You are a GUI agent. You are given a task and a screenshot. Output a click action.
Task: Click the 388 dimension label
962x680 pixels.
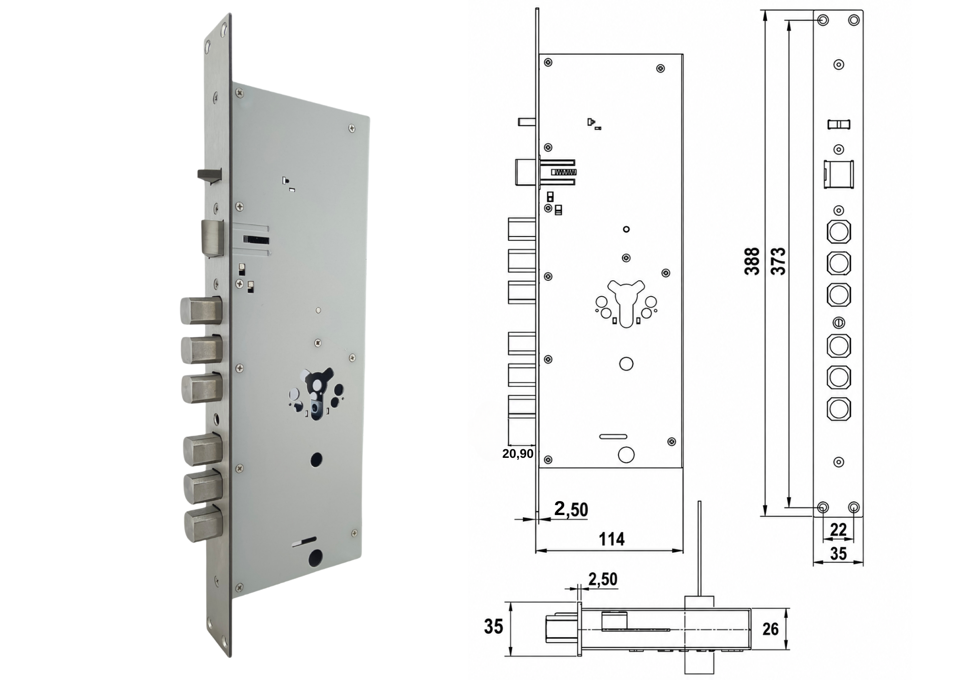pyautogui.click(x=752, y=261)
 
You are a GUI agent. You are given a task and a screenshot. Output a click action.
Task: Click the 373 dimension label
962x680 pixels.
pyautogui.click(x=778, y=261)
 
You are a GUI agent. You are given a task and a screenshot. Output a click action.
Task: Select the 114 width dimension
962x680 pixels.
pyautogui.click(x=611, y=539)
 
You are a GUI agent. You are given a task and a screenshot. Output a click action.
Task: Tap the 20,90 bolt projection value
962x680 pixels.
pyautogui.click(x=518, y=453)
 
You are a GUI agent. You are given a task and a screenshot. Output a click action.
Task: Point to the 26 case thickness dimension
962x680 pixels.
pyautogui.click(x=770, y=629)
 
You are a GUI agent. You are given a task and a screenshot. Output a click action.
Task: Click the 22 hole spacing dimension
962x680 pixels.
pyautogui.click(x=838, y=529)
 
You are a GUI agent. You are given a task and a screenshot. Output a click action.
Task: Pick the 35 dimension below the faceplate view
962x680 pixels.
pyautogui.click(x=838, y=554)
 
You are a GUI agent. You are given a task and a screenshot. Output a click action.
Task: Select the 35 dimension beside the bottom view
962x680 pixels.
pyautogui.click(x=494, y=627)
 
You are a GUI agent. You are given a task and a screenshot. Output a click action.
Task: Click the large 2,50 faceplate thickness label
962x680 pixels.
pyautogui.click(x=571, y=509)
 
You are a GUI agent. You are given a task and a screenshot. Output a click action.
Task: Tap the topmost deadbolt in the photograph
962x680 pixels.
pyautogui.click(x=201, y=311)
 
